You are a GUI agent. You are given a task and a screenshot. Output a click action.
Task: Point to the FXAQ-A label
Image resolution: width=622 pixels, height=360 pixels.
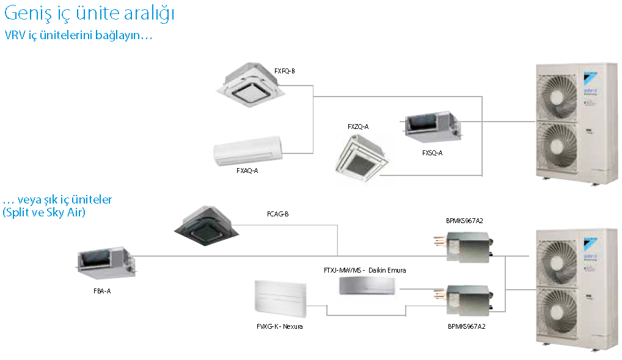click(247, 171)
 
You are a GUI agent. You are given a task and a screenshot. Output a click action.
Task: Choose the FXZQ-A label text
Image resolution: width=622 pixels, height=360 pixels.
click(358, 127)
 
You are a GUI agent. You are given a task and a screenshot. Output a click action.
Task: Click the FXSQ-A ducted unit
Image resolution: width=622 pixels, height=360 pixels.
click(432, 126)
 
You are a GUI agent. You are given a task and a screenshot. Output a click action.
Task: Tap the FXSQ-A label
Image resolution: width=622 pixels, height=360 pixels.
click(432, 153)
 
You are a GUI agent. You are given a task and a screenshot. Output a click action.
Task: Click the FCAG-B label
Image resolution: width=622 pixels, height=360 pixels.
click(277, 213)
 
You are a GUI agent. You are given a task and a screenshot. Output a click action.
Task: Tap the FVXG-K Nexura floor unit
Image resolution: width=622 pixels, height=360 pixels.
click(278, 300)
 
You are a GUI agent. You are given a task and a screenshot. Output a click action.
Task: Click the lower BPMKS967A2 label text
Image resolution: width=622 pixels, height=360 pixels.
click(466, 326)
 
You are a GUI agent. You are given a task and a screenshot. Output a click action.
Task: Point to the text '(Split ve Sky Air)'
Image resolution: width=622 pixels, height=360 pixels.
click(44, 213)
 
